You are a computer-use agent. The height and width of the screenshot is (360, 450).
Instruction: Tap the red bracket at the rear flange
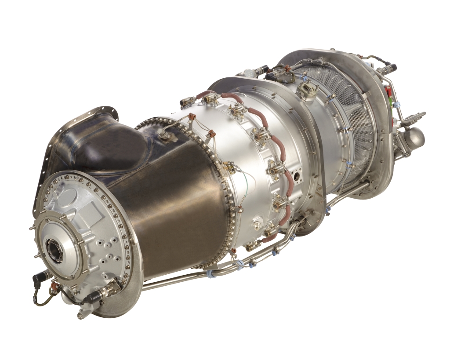tap(388, 93)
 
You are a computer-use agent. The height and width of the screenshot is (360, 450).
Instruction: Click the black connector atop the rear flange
tap(389, 69)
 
